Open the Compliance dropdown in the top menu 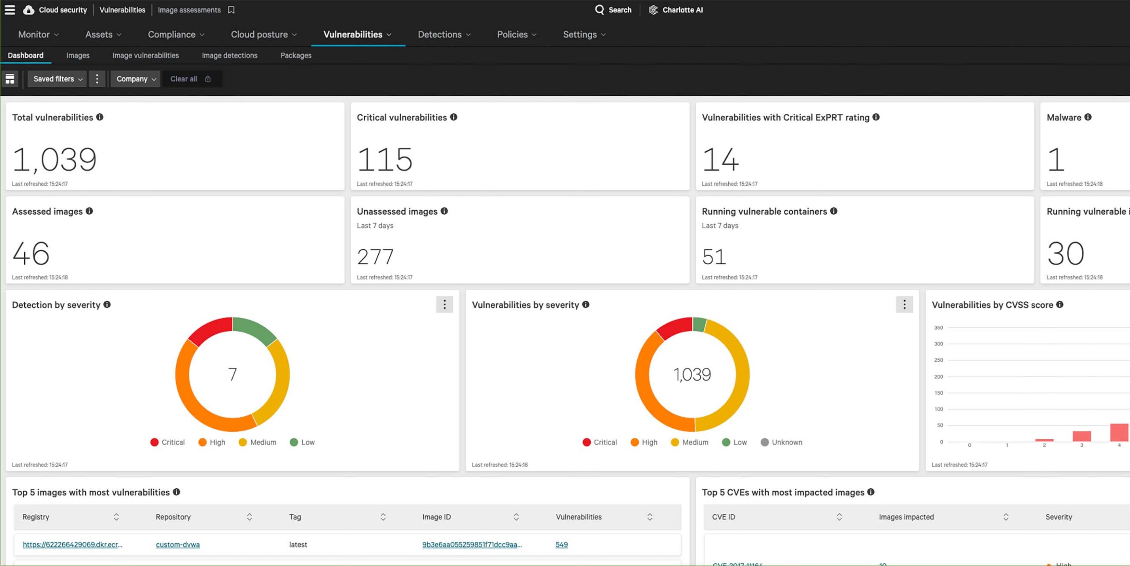click(176, 34)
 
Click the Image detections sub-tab click(230, 56)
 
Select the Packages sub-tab click(296, 56)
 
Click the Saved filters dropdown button click(57, 79)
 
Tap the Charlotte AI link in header click(682, 10)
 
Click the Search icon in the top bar click(599, 10)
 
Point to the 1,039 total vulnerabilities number click(54, 159)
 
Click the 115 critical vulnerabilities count click(384, 159)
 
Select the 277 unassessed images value click(375, 257)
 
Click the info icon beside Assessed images click(89, 211)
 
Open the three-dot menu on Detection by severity click(444, 305)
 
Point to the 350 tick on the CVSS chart click(938, 328)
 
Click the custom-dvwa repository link click(177, 545)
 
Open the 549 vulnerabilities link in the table click(561, 545)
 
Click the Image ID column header click(437, 517)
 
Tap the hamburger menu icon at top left click(10, 10)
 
